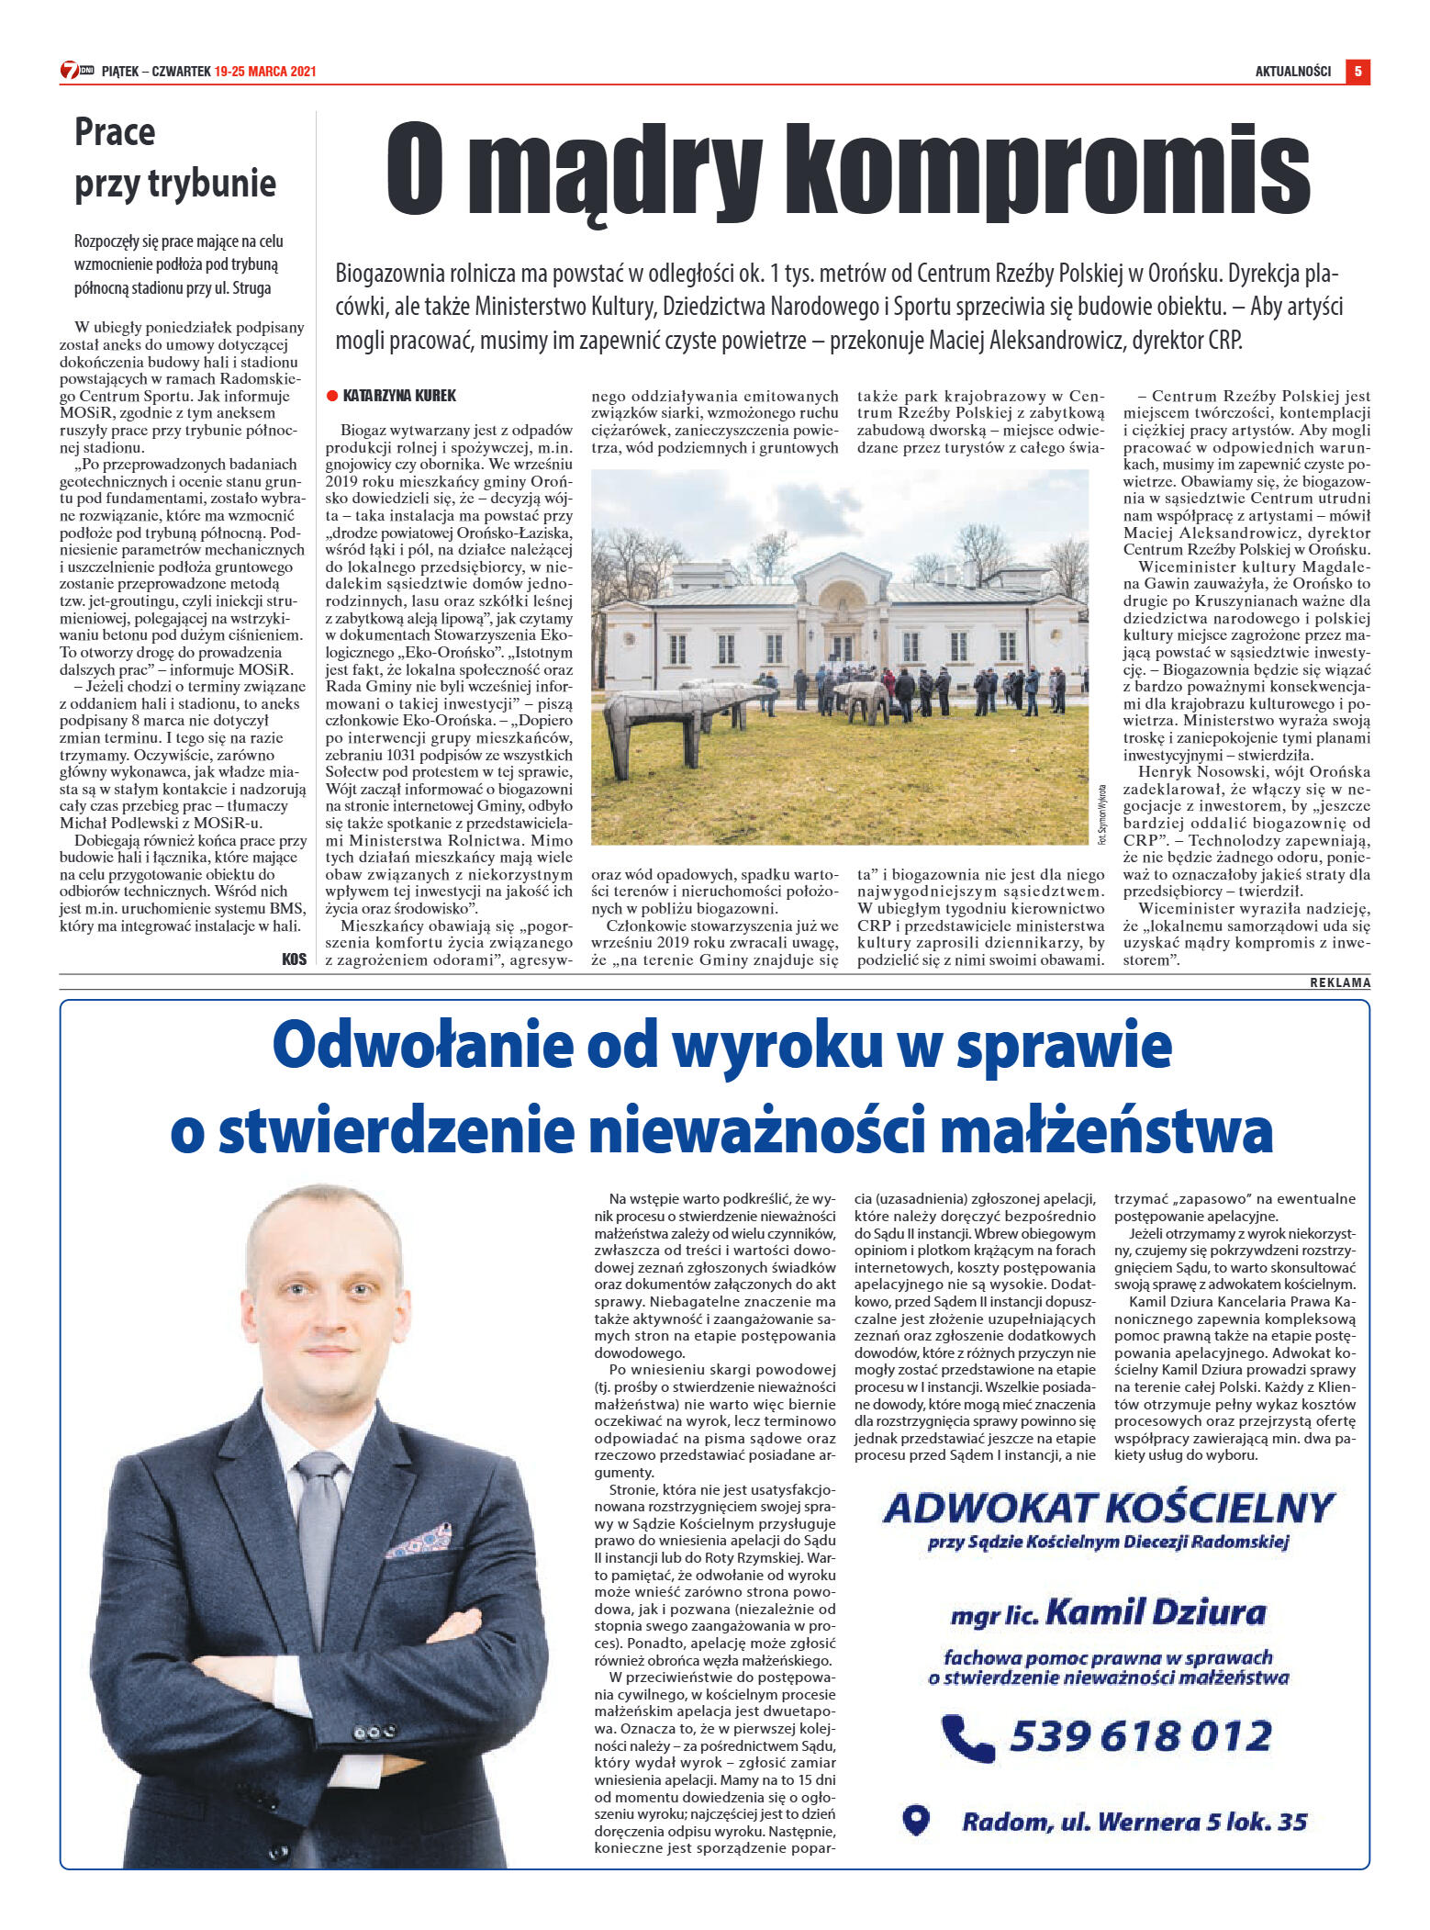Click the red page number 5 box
pos(1357,72)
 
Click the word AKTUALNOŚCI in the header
pos(1292,72)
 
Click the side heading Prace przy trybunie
pos(174,158)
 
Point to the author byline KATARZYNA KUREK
pos(399,396)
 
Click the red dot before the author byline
pos(332,396)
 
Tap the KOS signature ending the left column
pos(294,959)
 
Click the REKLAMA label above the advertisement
pos(1339,982)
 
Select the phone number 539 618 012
pos(1140,1736)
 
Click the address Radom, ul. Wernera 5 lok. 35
pos(1134,1822)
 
